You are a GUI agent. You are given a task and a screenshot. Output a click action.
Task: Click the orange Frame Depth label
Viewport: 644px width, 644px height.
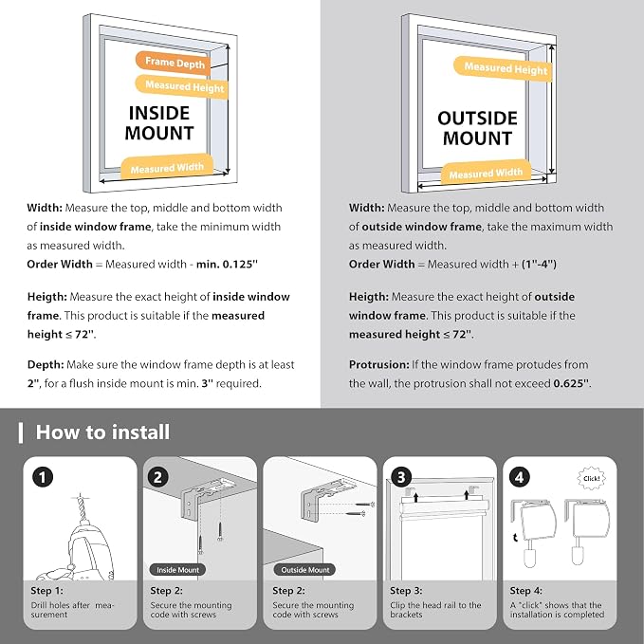click(x=173, y=63)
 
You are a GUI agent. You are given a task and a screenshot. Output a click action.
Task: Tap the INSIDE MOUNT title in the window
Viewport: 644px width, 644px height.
click(x=159, y=122)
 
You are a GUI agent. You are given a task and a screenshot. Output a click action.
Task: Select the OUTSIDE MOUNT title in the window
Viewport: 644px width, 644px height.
click(x=477, y=128)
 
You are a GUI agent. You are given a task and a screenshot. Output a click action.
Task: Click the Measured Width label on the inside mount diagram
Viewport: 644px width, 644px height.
click(x=167, y=167)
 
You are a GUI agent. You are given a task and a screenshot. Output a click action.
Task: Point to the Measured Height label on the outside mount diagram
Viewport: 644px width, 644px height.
click(x=503, y=68)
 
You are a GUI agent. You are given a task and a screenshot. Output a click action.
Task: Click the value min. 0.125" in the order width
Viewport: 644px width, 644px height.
click(x=227, y=264)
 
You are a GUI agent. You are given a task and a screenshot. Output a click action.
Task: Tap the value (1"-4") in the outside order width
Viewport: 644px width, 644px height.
click(x=539, y=264)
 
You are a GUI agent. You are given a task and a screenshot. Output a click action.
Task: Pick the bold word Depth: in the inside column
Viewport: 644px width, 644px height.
click(x=46, y=365)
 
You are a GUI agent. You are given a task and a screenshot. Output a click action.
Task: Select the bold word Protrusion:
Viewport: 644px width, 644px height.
click(x=378, y=365)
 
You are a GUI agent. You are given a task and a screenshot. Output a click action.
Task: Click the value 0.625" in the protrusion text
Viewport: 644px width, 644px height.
click(x=572, y=383)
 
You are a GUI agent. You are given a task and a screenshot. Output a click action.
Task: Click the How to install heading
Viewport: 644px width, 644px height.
click(x=102, y=432)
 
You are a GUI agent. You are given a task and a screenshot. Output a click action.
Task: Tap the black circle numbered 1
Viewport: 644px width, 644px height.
click(x=43, y=477)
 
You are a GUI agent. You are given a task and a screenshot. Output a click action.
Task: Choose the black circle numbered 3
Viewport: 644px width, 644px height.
click(x=401, y=477)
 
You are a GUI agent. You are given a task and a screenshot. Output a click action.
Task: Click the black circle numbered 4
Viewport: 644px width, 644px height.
click(x=520, y=477)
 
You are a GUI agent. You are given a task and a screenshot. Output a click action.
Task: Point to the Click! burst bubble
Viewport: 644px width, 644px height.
click(x=592, y=478)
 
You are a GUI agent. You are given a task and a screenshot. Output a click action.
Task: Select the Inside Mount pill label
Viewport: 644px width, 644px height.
click(x=177, y=570)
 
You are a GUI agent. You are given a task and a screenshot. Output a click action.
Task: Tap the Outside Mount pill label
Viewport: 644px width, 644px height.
click(x=304, y=570)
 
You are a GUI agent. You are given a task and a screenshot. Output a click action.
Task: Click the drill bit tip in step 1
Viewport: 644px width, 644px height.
click(x=81, y=495)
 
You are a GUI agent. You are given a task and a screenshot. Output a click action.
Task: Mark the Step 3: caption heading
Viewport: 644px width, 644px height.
click(x=406, y=591)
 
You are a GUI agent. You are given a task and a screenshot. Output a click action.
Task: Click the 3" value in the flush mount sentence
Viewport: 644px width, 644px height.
click(x=208, y=383)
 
